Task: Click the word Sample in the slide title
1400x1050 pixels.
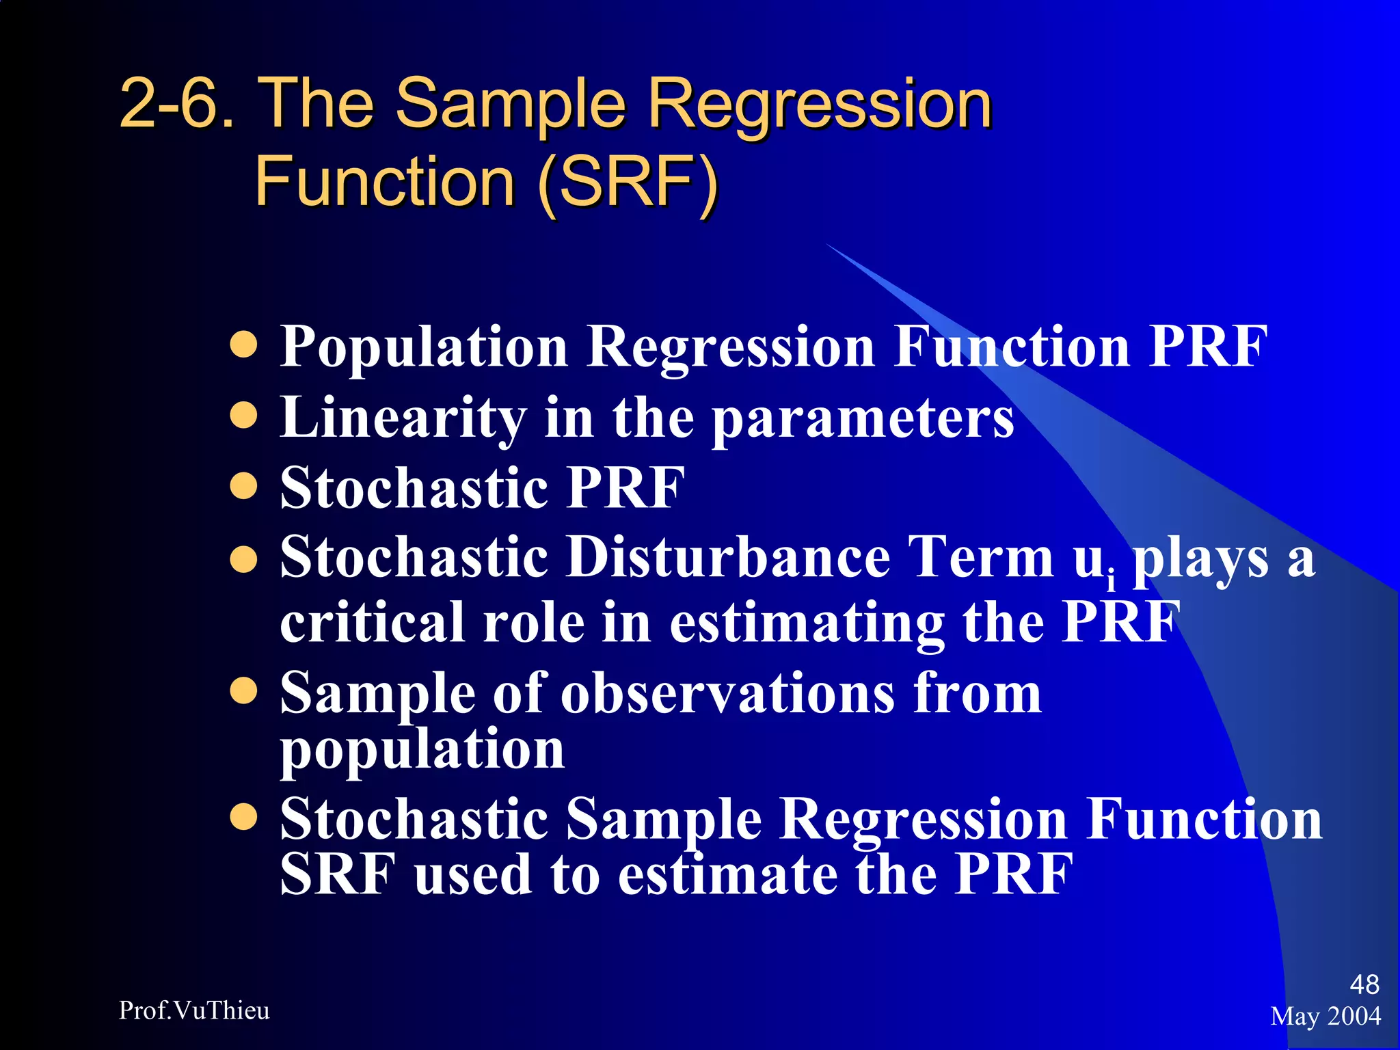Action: click(509, 104)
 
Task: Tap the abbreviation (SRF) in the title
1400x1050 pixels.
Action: click(628, 182)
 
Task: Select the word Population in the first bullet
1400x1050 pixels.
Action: click(423, 347)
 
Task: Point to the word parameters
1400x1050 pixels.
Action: click(863, 419)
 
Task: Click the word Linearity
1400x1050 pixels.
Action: click(403, 418)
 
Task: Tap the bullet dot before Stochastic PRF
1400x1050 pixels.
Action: click(243, 486)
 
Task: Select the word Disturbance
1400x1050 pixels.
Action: click(729, 556)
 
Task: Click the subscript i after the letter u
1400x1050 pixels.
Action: click(1111, 580)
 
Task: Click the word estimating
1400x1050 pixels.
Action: click(807, 623)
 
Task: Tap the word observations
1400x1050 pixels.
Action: click(727, 693)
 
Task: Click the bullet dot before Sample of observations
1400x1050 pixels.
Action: click(243, 690)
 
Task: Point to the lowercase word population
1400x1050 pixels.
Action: click(422, 751)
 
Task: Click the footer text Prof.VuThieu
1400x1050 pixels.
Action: click(194, 1010)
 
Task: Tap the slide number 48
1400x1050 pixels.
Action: click(1364, 984)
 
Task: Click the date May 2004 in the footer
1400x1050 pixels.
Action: click(1325, 1016)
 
